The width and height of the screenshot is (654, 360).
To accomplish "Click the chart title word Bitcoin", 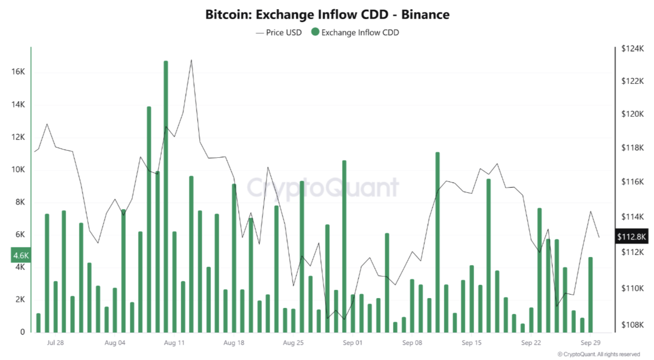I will (228, 15).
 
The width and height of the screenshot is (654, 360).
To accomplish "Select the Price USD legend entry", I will (279, 33).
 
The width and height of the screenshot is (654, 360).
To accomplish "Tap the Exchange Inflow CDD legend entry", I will (355, 33).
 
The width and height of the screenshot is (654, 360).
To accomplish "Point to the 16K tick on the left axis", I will (18, 72).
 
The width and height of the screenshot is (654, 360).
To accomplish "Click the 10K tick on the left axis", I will (18, 169).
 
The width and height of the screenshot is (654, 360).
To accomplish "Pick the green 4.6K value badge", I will (21, 255).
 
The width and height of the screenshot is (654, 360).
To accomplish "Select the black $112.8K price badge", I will (631, 237).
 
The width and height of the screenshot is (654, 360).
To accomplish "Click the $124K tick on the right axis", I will (632, 49).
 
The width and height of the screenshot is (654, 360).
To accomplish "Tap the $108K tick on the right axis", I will (632, 325).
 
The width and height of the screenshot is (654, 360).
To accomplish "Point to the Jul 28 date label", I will (55, 343).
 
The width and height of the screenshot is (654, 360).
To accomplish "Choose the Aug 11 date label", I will (174, 343).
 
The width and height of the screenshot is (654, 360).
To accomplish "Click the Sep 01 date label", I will (352, 343).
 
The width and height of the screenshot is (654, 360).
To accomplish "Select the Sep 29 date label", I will (590, 343).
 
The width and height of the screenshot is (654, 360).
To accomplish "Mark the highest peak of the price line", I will (191, 60).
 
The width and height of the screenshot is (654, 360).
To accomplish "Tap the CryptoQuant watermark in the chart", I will (322, 188).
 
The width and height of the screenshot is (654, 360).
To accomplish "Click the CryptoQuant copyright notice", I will (599, 355).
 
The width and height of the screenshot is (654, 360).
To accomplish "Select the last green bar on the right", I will (591, 294).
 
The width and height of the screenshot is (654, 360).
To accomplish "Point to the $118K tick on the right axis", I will (632, 148).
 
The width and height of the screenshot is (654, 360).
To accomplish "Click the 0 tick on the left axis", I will (22, 332).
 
